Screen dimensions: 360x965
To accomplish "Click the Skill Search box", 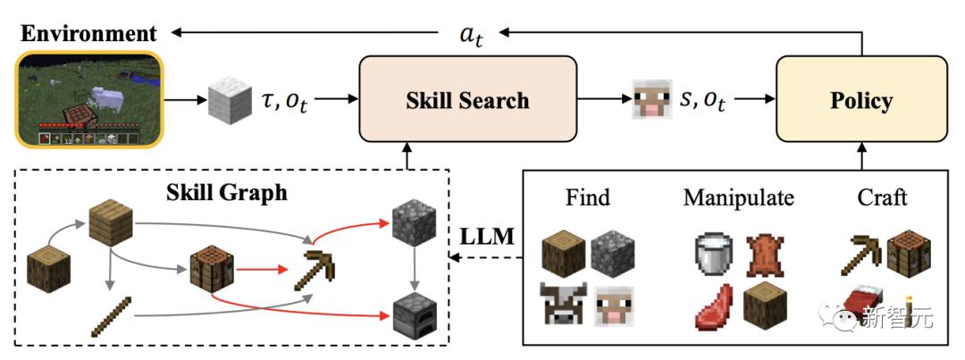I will pos(467,98).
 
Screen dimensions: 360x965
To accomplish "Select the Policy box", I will pos(860,98).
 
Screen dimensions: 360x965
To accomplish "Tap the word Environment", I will pos(88,34).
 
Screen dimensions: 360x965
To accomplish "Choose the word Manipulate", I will pos(738,197).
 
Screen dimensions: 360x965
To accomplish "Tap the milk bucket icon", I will pos(711,253).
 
